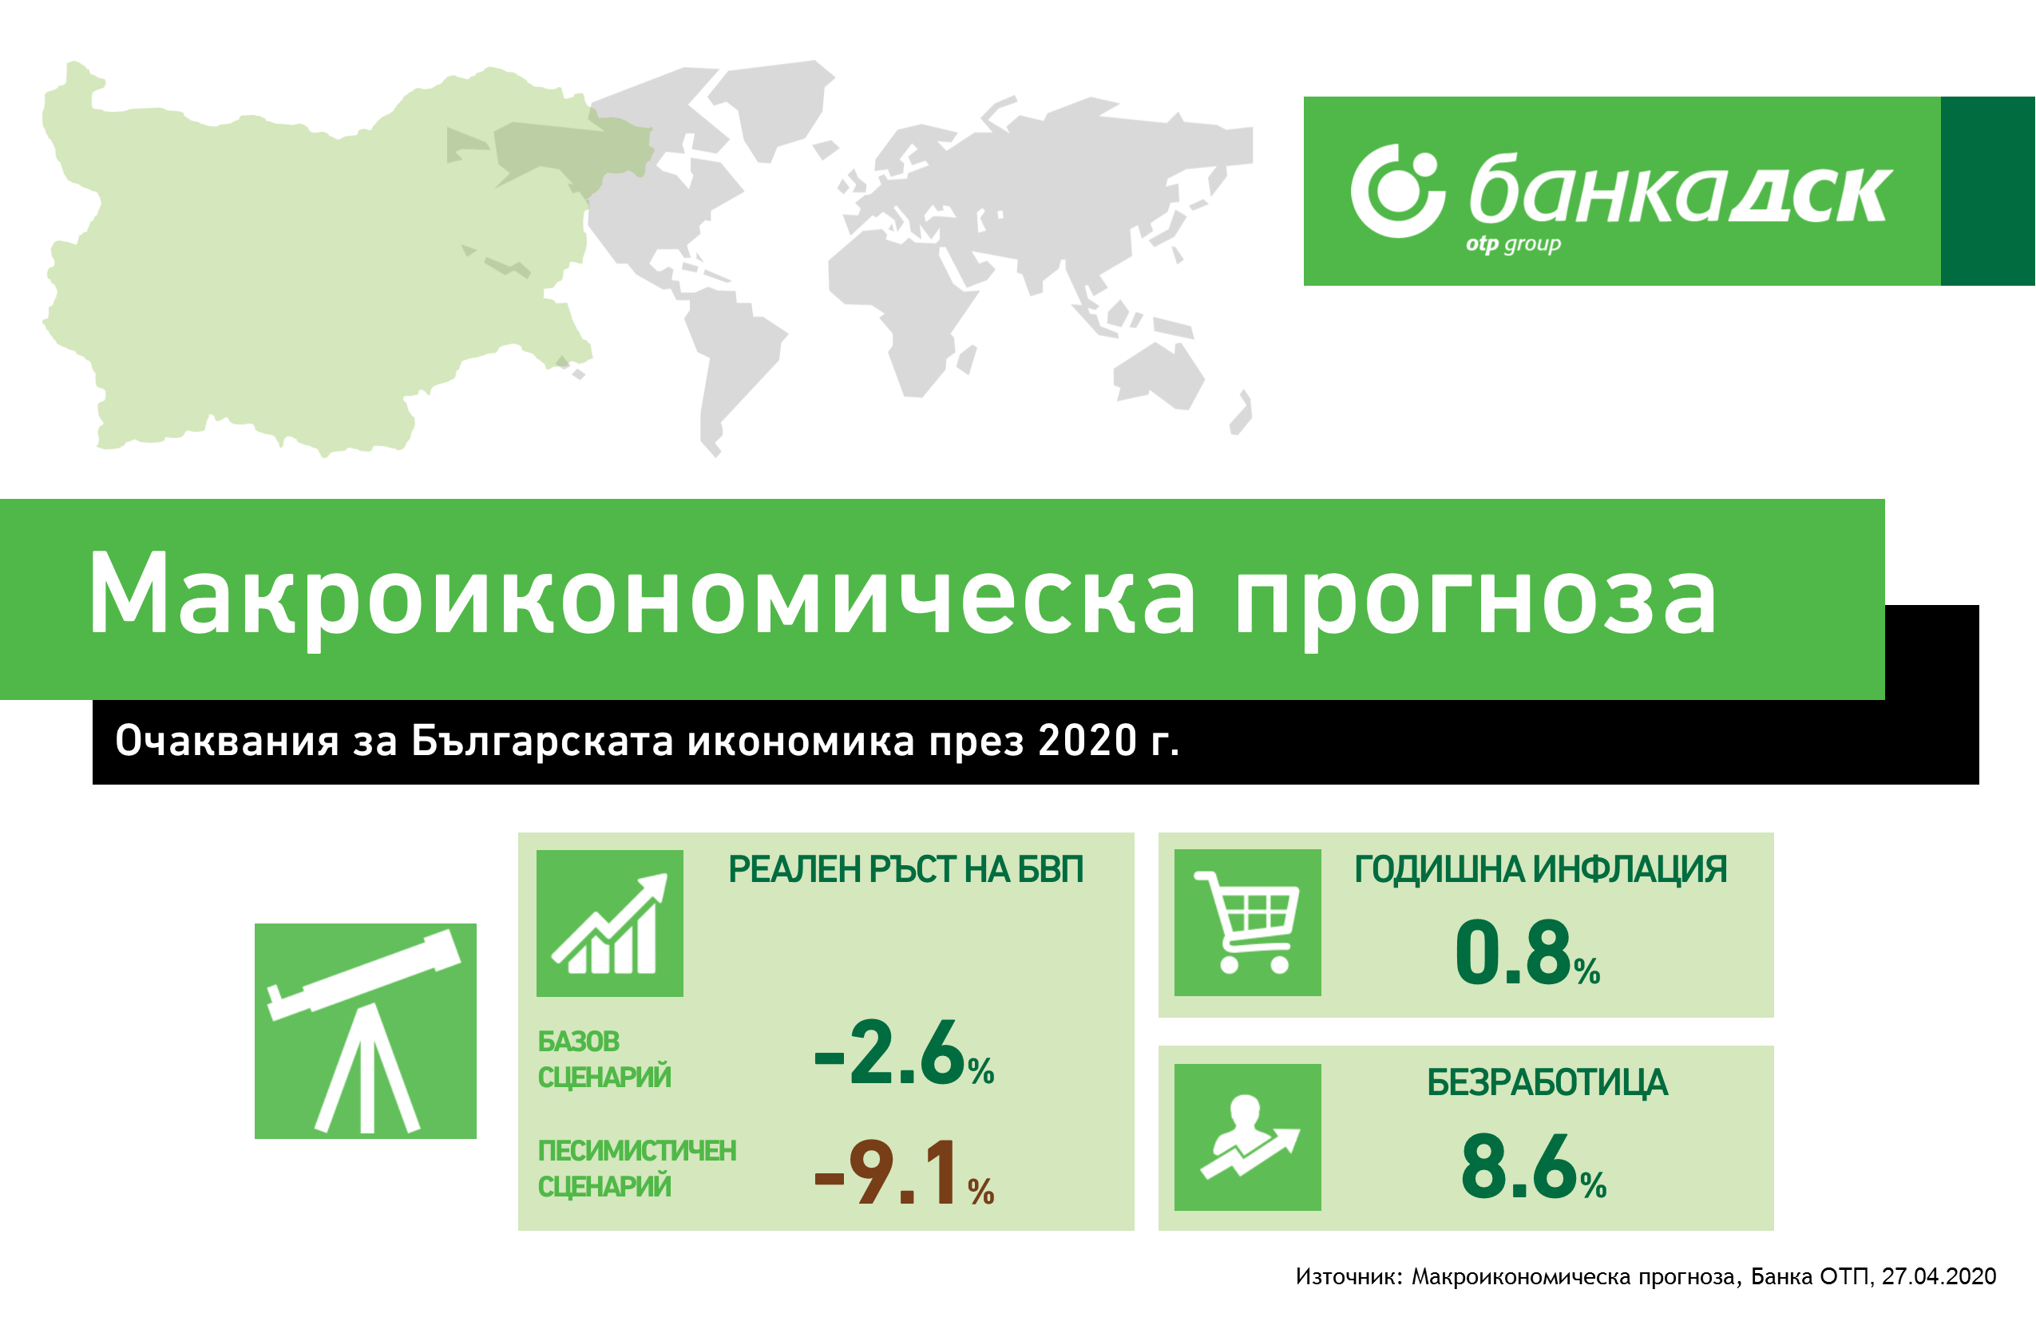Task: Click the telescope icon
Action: point(366,1030)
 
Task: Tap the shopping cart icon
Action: point(1247,922)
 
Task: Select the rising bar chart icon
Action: point(609,923)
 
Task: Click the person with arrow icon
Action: point(1247,1137)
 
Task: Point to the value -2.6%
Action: point(903,1054)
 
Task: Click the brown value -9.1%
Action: point(903,1173)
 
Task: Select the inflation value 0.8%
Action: point(1527,953)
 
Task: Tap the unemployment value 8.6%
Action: point(1533,1166)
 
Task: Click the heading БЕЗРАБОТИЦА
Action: point(1547,1082)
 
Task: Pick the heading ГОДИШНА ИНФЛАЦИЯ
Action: point(1541,869)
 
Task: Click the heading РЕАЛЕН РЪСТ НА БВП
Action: point(906,869)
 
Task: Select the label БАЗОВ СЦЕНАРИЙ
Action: point(604,1058)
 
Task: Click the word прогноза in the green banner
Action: point(1475,596)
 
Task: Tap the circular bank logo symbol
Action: point(1397,191)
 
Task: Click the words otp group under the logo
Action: point(1512,244)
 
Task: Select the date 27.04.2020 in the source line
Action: point(1939,1277)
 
